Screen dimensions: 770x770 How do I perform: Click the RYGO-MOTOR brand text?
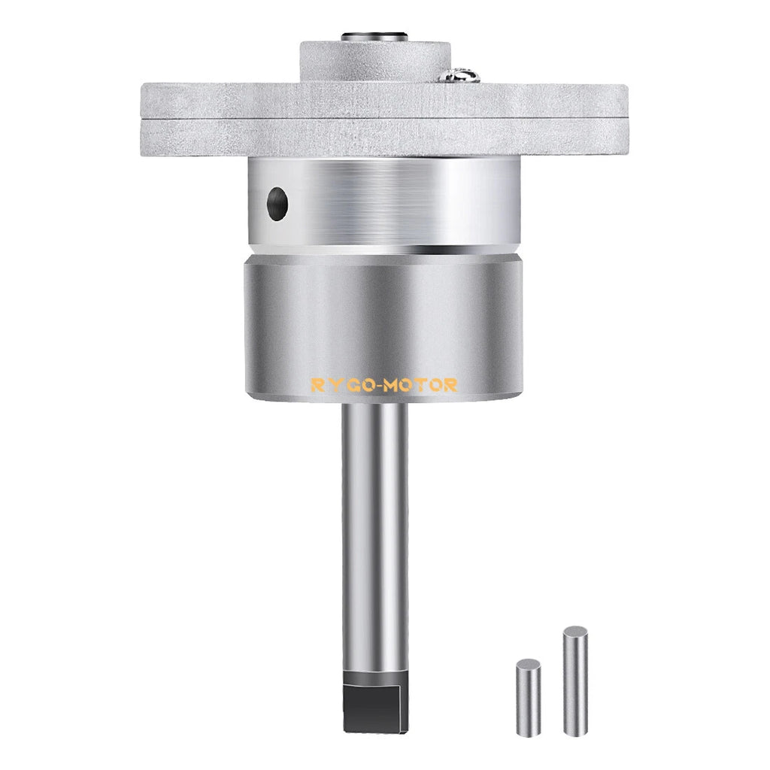click(384, 385)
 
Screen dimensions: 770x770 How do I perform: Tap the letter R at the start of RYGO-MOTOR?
click(318, 385)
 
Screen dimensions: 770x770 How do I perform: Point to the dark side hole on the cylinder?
click(277, 203)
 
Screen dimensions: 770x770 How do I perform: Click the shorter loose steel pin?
click(529, 697)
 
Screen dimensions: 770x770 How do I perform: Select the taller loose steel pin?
click(575, 681)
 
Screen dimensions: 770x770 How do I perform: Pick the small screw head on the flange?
click(459, 76)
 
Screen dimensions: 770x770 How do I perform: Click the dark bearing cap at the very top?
click(374, 37)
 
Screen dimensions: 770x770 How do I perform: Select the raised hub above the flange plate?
click(375, 62)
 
